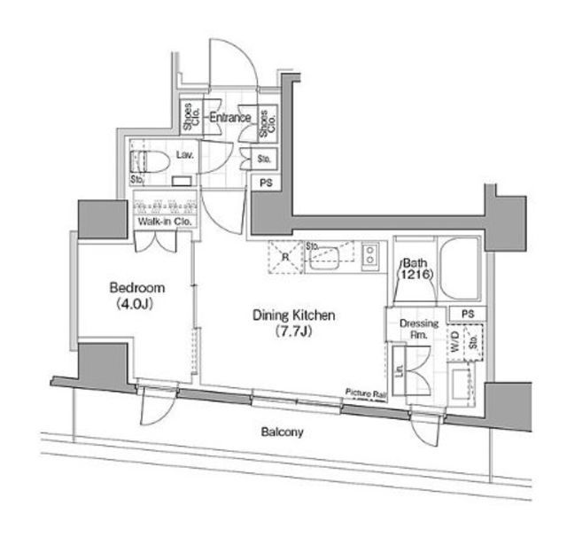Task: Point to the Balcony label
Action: coord(283,432)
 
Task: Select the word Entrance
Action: coord(229,117)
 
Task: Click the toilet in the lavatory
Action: coord(146,161)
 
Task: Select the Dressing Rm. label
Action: coord(419,329)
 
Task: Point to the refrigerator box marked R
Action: coord(285,257)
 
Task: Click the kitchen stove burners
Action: coord(371,256)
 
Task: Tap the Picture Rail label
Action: coord(364,393)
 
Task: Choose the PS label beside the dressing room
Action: coord(467,315)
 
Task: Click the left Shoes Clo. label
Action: coord(189,118)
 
